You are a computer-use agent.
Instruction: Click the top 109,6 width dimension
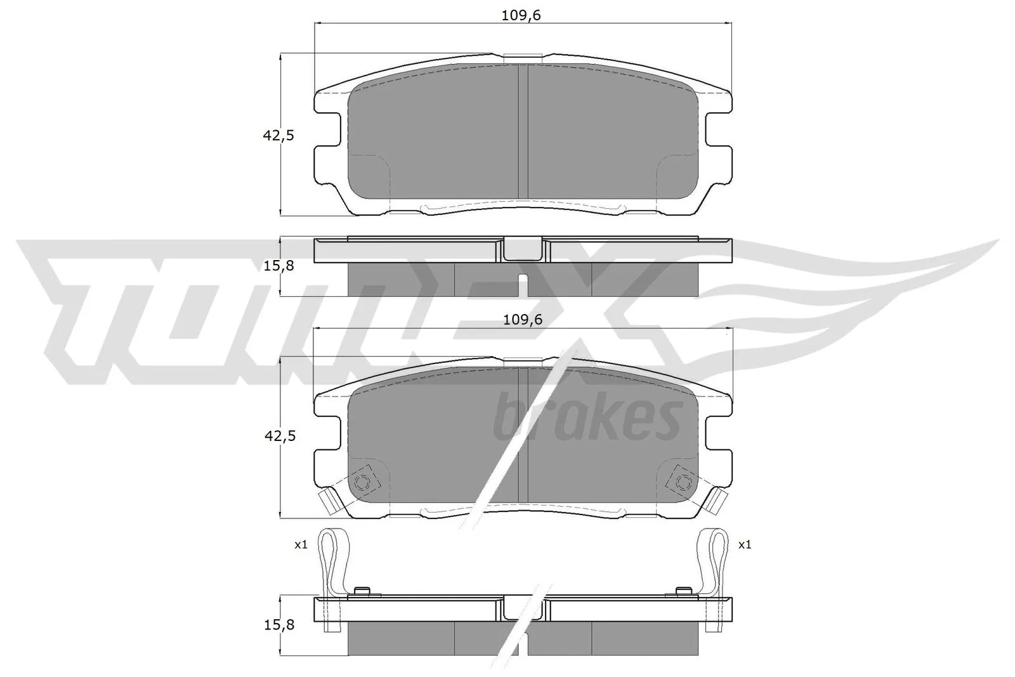tap(521, 16)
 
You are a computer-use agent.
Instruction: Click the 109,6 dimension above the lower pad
tap(522, 320)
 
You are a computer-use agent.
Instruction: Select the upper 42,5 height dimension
tap(279, 135)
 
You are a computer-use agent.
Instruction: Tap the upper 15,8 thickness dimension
tap(278, 266)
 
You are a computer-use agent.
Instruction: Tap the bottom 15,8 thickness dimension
tap(278, 625)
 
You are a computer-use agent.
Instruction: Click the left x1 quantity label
tap(301, 544)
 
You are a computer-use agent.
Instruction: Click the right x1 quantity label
tap(744, 544)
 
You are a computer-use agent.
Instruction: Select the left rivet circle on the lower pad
tap(363, 482)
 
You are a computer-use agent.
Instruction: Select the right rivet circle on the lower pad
tap(683, 482)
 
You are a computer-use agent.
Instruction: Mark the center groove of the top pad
tap(523, 130)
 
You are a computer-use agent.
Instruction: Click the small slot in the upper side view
tap(523, 284)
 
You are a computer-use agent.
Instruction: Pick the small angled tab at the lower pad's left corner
tap(329, 502)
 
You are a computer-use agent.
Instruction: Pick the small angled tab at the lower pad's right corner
tap(717, 502)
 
